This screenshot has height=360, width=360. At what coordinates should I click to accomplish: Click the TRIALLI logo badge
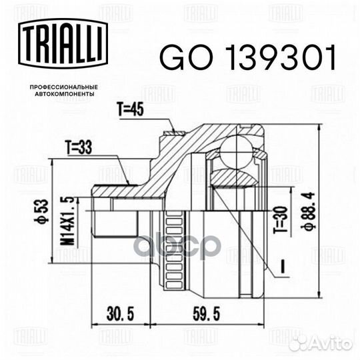tap(63, 43)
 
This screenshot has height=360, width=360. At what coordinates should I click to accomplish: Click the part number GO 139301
tap(248, 57)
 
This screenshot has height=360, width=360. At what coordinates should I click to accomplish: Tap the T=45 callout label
tap(131, 109)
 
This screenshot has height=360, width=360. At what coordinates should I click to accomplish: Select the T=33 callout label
tap(79, 147)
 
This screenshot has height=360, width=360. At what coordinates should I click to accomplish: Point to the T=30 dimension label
tap(280, 220)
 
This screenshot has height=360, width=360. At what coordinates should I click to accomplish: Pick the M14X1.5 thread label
tap(67, 221)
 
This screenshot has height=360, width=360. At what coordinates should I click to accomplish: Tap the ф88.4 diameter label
tap(308, 211)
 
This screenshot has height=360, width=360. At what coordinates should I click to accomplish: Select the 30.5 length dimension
tap(120, 314)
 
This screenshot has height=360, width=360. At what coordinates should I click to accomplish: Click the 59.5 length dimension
tap(207, 314)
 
